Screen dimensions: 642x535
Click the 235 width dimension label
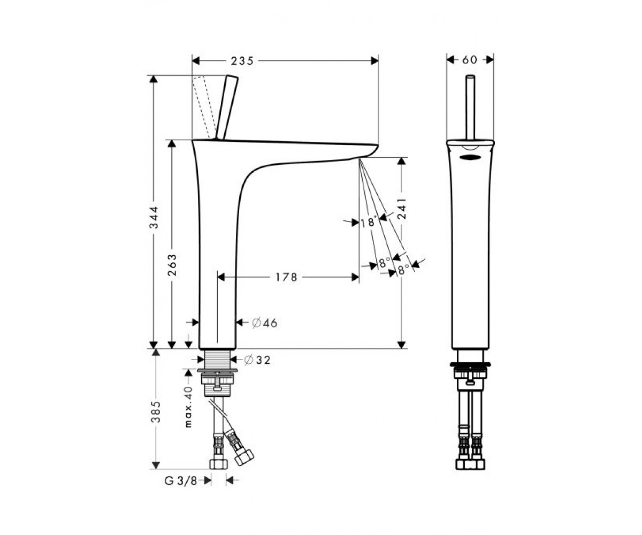(x=242, y=61)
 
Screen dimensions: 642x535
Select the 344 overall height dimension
(x=154, y=217)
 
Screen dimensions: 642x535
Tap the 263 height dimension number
(x=172, y=265)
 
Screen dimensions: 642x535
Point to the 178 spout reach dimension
(x=286, y=277)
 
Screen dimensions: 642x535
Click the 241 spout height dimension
(x=402, y=209)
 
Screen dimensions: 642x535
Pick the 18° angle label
(x=369, y=221)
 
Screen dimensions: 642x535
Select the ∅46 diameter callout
(x=264, y=323)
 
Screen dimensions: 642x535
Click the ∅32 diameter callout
(x=257, y=360)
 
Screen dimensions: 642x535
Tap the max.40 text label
(x=188, y=407)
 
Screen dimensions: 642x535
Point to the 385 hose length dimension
(x=156, y=412)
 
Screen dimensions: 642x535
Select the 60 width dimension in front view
(x=470, y=59)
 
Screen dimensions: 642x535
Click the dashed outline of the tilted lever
(x=201, y=108)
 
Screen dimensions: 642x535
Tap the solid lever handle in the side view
(x=227, y=108)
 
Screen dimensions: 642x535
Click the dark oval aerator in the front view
(x=470, y=157)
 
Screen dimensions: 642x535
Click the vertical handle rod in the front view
(x=470, y=107)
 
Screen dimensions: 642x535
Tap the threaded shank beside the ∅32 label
(x=217, y=359)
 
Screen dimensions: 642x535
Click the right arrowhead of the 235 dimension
(x=374, y=61)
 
